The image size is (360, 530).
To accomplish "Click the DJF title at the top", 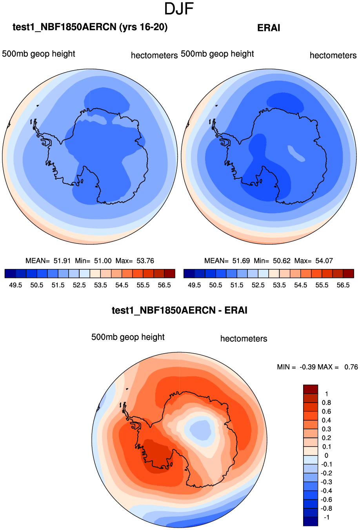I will pyautogui.click(x=179, y=9).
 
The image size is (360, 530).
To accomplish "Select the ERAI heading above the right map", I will pyautogui.click(x=269, y=28).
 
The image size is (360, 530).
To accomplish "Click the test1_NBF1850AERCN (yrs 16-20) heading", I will pyautogui.click(x=90, y=27).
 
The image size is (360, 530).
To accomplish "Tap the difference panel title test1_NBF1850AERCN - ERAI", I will pyautogui.click(x=180, y=310).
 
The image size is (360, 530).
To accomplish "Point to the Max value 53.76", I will pyautogui.click(x=145, y=261).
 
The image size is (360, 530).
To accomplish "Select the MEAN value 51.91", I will pyautogui.click(x=62, y=261).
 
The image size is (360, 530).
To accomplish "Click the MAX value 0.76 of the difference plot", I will pyautogui.click(x=351, y=367).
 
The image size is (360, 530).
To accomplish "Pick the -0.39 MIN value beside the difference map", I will pyautogui.click(x=307, y=367).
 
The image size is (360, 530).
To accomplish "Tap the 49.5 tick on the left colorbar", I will pyautogui.click(x=15, y=285).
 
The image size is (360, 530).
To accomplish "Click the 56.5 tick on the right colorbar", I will pyautogui.click(x=343, y=285).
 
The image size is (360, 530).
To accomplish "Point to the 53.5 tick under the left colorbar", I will pyautogui.click(x=100, y=285).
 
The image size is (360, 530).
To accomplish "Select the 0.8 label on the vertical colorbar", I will pyautogui.click(x=326, y=403).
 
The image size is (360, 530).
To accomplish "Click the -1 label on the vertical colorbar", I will pyautogui.click(x=325, y=517).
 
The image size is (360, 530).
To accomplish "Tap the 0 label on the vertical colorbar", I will pyautogui.click(x=326, y=456).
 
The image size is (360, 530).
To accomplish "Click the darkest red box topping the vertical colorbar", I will pyautogui.click(x=310, y=389).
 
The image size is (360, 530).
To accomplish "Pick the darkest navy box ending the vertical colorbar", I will pyautogui.click(x=310, y=521).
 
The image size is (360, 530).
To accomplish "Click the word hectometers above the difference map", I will pyautogui.click(x=244, y=339).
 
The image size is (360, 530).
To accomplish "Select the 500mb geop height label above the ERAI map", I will pyautogui.click(x=217, y=54).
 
